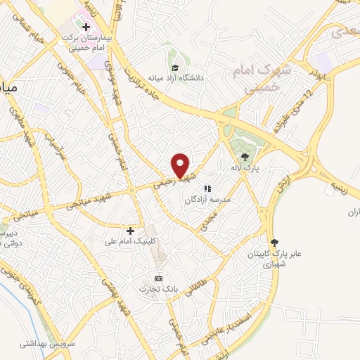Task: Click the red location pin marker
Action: (x=181, y=165)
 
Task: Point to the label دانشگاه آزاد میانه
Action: (x=170, y=78)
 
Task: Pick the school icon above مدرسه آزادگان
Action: (x=207, y=188)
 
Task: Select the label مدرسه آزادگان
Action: (x=207, y=200)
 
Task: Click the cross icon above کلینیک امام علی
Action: (x=130, y=231)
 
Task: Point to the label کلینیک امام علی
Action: (x=129, y=242)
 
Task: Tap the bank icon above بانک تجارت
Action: (x=158, y=278)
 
